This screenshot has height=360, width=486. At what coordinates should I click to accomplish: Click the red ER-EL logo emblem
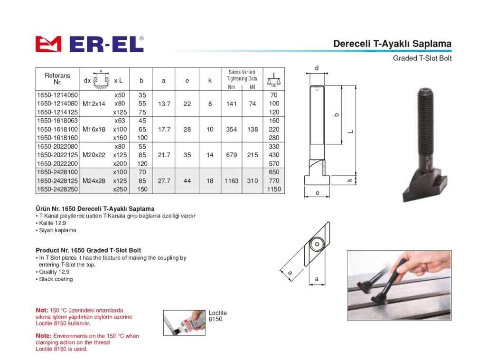pos(48,44)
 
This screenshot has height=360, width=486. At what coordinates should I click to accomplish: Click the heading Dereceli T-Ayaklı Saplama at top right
pos(392,44)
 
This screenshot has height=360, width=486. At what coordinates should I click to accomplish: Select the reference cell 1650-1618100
pos(57,129)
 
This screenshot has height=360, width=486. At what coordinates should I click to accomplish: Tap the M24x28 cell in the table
pos(94,181)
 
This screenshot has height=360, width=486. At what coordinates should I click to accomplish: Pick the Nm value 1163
pos(232,181)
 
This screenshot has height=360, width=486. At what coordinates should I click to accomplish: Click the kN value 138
pos(252,129)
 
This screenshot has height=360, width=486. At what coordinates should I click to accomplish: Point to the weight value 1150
pos(274,189)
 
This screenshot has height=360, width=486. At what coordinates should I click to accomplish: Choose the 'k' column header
pos(210,81)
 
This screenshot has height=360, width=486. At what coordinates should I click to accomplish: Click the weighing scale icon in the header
pos(274,80)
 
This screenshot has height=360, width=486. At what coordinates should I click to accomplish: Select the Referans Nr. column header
pos(57,79)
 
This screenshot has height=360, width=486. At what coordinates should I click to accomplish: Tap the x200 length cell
pos(120,163)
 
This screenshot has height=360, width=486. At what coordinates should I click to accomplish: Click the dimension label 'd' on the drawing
pos(317,68)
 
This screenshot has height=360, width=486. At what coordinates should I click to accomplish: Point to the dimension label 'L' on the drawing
pos(351,132)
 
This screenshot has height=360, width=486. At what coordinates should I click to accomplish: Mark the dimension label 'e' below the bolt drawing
pos(318,193)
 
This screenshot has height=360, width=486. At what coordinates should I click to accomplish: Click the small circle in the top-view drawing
pos(317,244)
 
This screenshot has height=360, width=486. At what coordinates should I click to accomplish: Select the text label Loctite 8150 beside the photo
pos(217,316)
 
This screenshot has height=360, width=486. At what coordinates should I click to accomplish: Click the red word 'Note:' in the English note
pos(43,336)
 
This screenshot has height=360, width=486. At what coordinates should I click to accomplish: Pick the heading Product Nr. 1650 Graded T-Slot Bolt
pos(88,250)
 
